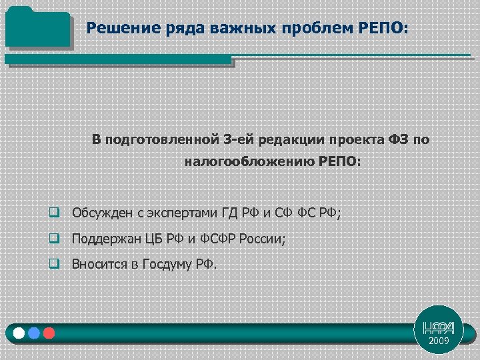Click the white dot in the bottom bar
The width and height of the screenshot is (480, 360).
pyautogui.click(x=19, y=333)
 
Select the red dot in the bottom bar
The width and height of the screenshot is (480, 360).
pyautogui.click(x=49, y=333)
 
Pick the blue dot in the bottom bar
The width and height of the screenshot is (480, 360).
pyautogui.click(x=34, y=333)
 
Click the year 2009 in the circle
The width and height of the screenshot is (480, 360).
pyautogui.click(x=439, y=341)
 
